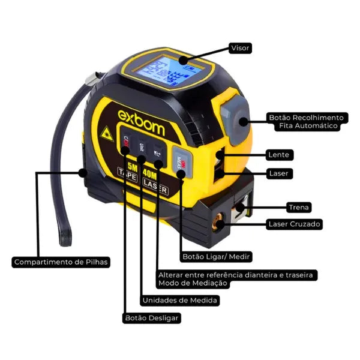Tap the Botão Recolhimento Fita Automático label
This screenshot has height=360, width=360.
[306, 122]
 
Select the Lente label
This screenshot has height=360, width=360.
[280, 155]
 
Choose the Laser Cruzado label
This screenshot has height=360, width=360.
[294, 224]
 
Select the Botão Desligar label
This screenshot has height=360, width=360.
[151, 318]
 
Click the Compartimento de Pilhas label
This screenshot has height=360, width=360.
[61, 262]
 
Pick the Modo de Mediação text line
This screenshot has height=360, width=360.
[193, 283]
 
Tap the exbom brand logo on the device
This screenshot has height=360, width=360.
[140, 113]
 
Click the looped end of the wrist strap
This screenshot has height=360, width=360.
[65, 237]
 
